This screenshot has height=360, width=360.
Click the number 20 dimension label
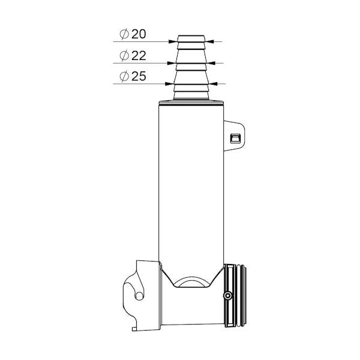point(139,34)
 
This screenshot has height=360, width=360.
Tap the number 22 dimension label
point(139,56)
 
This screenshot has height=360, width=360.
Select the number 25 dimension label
point(139,76)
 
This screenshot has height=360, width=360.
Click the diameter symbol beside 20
point(124,34)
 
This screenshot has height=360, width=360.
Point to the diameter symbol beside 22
point(124,56)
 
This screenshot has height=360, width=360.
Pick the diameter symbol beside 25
point(124,76)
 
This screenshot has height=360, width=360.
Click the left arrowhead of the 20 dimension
point(173,41)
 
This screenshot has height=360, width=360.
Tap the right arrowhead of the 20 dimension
point(209,41)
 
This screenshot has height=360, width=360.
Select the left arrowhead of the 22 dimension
point(171,63)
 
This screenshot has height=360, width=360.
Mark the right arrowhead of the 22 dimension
point(211,63)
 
